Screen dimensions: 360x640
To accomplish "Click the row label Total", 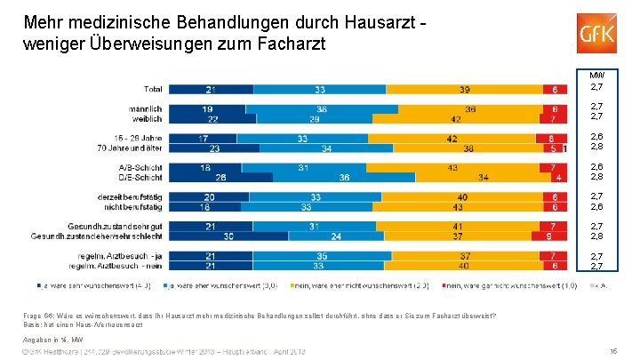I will pyautogui.click(x=154, y=90).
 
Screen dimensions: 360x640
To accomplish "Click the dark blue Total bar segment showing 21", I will pyautogui.click(x=212, y=90).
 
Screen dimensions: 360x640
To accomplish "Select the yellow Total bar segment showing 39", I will pyautogui.click(x=466, y=90).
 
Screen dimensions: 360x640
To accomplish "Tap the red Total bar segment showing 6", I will pyautogui.click(x=556, y=90).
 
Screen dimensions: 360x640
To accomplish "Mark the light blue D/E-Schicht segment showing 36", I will pyautogui.click(x=344, y=176).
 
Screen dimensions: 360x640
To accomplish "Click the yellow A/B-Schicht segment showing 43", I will pyautogui.click(x=454, y=166).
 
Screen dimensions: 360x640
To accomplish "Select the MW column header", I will pyautogui.click(x=597, y=75).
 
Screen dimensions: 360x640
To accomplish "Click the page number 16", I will pyautogui.click(x=614, y=351).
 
